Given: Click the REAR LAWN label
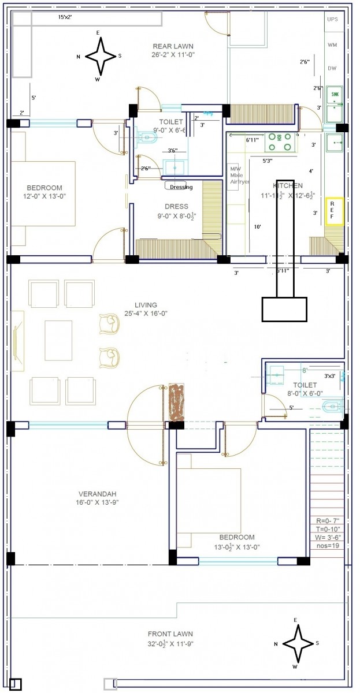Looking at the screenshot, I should [x=173, y=46].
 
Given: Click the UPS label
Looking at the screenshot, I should [x=333, y=20].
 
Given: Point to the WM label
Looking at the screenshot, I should [x=333, y=44].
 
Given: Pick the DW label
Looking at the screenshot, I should [x=332, y=68].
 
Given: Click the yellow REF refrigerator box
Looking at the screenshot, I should [x=335, y=211].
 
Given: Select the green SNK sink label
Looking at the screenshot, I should [x=335, y=93].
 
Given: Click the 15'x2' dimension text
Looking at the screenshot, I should [x=65, y=18].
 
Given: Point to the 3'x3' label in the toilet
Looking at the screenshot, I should [x=331, y=376].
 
